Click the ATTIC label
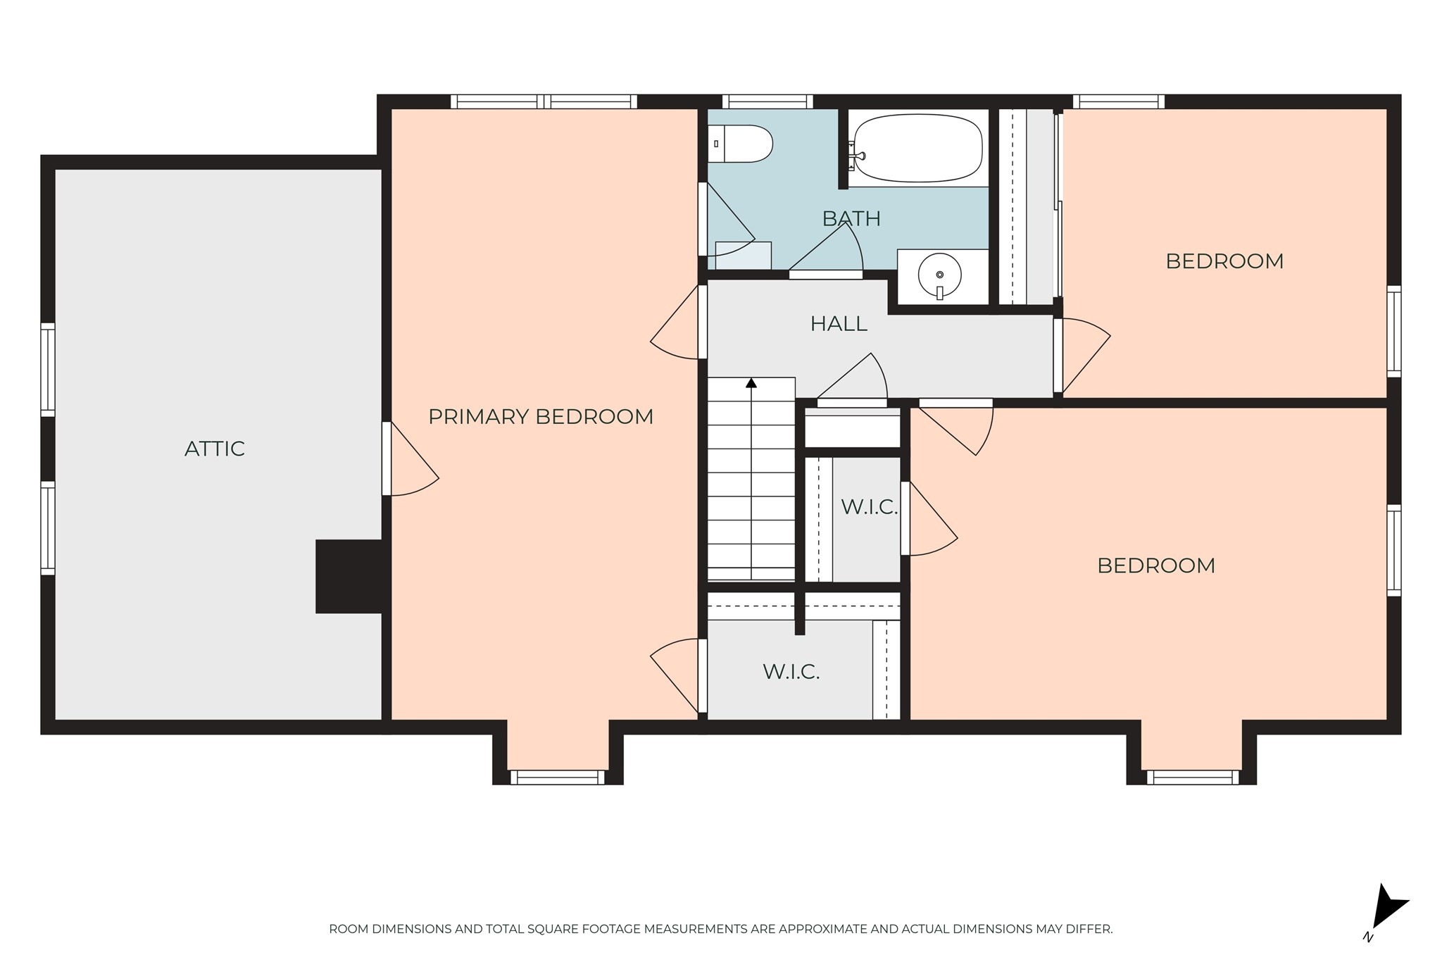214,449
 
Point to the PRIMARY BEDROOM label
541,417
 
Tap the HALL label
838,324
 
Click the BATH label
851,219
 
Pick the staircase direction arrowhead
751,383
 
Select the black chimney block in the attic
349,576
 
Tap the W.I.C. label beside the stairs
869,507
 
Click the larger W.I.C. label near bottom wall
791,672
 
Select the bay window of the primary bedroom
557,777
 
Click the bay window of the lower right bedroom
1192,777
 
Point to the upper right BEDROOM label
1224,261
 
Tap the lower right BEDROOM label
1156,566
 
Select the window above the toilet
767,101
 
